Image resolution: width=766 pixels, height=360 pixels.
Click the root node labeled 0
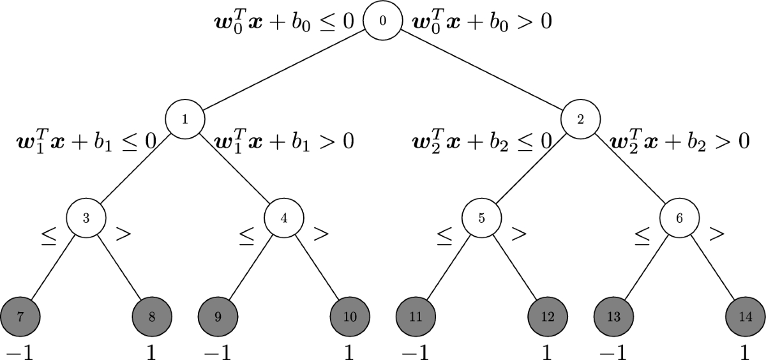382,20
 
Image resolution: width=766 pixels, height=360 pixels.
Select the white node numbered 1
184,119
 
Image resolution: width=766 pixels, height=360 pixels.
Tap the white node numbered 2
580,119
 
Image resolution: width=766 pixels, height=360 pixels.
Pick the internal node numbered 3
86,217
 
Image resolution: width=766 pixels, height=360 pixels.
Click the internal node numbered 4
283,217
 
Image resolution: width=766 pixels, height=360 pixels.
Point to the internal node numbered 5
481,217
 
